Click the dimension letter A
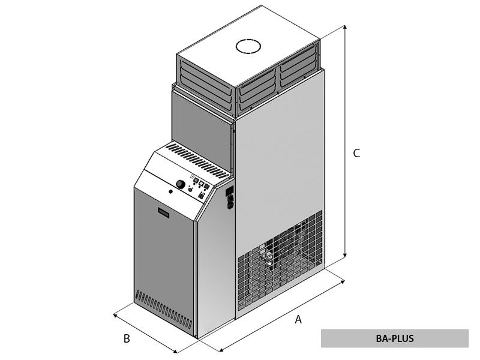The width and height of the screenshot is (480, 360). [x=298, y=320]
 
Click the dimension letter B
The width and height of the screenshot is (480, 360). [x=127, y=339]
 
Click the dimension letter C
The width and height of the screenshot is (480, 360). [x=356, y=154]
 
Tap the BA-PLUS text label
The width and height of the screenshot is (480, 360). [x=394, y=338]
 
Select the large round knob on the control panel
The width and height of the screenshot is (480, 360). [x=180, y=184]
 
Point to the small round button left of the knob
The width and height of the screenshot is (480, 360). [x=171, y=192]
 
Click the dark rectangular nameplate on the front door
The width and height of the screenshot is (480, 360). [x=165, y=212]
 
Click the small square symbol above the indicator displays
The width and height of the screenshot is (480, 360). [x=193, y=176]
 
